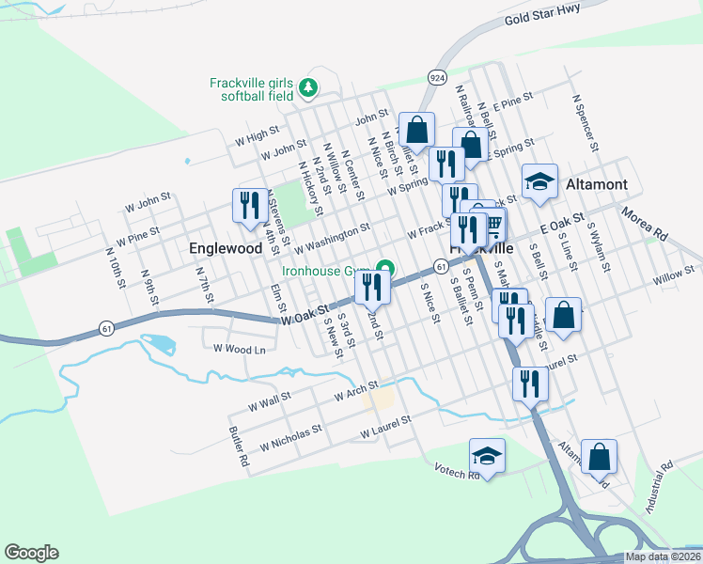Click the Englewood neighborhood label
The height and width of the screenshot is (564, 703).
(225, 249)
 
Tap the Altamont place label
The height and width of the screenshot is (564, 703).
(596, 185)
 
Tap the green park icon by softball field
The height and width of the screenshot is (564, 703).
(308, 88)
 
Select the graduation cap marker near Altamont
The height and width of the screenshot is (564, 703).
(540, 181)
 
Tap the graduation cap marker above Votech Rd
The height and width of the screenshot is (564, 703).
(487, 456)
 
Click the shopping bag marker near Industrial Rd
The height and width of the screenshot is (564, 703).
(599, 457)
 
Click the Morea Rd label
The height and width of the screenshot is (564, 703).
(644, 227)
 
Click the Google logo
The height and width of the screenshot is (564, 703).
(31, 553)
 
